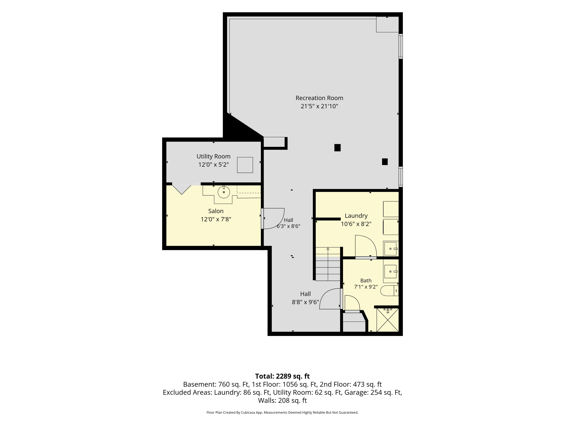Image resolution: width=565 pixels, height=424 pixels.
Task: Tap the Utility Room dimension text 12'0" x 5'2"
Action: (214, 165)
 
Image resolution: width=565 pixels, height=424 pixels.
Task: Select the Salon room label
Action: (216, 211)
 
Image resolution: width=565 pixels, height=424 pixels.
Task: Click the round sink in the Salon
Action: (224, 192)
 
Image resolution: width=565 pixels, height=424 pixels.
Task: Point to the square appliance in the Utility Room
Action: (245, 165)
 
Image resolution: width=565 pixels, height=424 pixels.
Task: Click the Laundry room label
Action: (356, 216)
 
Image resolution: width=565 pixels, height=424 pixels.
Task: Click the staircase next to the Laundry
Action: (328, 264)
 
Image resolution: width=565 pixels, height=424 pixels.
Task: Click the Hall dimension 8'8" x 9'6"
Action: (305, 302)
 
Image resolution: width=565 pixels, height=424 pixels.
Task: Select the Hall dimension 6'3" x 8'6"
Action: (288, 226)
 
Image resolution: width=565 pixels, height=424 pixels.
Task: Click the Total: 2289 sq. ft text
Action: (282, 376)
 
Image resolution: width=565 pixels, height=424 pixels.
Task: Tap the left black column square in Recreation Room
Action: (337, 148)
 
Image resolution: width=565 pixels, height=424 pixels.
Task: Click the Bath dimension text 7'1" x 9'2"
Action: (366, 287)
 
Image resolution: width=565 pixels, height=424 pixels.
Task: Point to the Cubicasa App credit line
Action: (282, 413)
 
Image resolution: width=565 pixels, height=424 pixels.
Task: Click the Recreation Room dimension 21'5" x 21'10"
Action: (319, 106)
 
